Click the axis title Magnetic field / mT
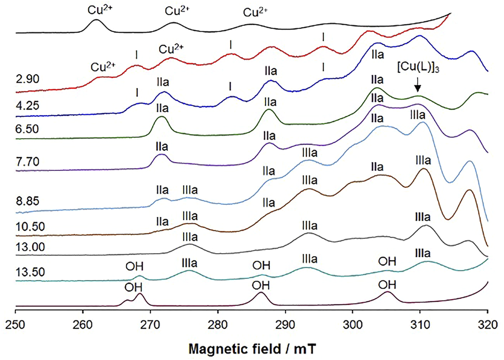pyautogui.click(x=252, y=349)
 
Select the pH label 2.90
pyautogui.click(x=28, y=79)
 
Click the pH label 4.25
pyautogui.click(x=28, y=105)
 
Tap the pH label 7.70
pyautogui.click(x=28, y=161)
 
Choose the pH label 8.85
pyautogui.click(x=28, y=202)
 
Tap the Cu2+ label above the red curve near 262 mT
pyautogui.click(x=103, y=67)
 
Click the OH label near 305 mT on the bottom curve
pyautogui.click(x=387, y=285)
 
